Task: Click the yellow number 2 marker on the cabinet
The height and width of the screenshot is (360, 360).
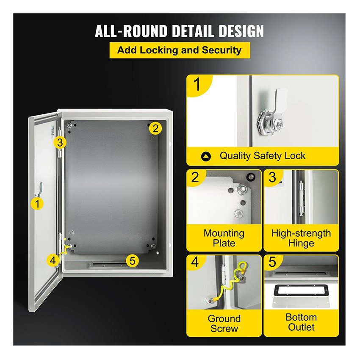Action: point(155,128)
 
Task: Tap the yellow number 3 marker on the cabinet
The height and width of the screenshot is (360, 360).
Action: point(60,143)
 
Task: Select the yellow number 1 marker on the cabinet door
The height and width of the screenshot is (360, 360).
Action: point(37,204)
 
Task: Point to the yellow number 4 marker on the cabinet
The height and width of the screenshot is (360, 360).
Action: point(53,260)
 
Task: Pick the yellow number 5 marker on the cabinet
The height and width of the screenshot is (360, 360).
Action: point(132,261)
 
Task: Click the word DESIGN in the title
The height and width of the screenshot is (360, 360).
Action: point(241,31)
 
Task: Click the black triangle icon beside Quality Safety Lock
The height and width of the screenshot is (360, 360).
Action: point(206,157)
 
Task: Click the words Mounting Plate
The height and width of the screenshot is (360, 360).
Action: point(224,238)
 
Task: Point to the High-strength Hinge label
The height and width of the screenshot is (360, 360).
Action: point(301,238)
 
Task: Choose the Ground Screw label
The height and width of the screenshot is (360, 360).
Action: point(224,324)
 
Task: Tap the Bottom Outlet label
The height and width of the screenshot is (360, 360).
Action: point(301,322)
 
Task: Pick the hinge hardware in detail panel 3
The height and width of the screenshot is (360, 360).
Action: point(301,199)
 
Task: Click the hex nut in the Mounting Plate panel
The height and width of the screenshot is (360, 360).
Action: point(242,189)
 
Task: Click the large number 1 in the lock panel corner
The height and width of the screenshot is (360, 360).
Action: point(197,84)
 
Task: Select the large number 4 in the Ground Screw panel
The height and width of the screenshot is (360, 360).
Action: point(195,262)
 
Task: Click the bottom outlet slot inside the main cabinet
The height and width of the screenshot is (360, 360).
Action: point(108,264)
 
